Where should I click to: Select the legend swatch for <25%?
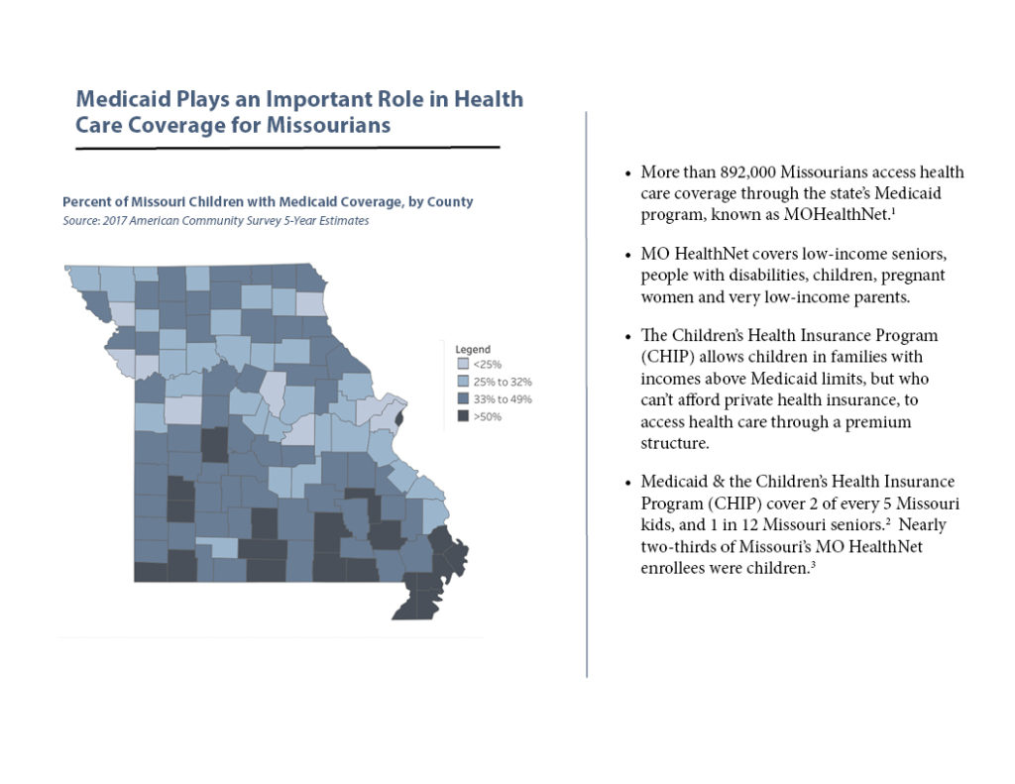pos(463,365)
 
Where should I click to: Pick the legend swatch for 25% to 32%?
pos(463,382)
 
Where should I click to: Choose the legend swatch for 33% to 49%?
pos(463,399)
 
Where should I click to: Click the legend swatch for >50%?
pos(463,416)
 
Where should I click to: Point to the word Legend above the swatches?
pos(473,350)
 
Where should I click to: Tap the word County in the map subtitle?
pos(448,202)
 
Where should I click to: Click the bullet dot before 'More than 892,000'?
pos(628,174)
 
